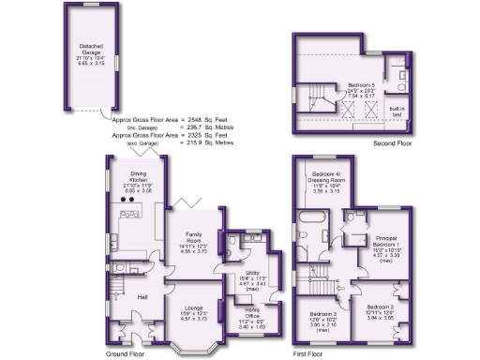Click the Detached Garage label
point(91,47)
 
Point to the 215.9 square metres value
point(197,142)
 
